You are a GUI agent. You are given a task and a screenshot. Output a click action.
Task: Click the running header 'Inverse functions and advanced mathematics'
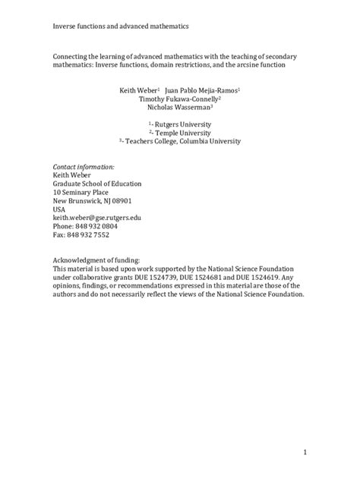click(x=121, y=26)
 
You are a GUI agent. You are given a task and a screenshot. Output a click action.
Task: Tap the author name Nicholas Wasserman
click(x=178, y=108)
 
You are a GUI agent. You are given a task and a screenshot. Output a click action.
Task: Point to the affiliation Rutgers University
click(x=184, y=124)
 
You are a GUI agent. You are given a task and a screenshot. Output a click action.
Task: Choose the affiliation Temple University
click(x=183, y=132)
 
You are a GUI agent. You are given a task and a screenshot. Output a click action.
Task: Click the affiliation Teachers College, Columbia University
click(x=183, y=141)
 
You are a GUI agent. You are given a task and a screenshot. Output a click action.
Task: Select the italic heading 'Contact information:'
click(x=83, y=166)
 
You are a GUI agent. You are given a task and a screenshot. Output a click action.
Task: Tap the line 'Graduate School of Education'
click(x=96, y=183)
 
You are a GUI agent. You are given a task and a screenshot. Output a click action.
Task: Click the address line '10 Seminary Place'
click(x=81, y=192)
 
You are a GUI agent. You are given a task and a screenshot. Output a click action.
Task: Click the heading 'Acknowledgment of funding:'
click(x=96, y=260)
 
